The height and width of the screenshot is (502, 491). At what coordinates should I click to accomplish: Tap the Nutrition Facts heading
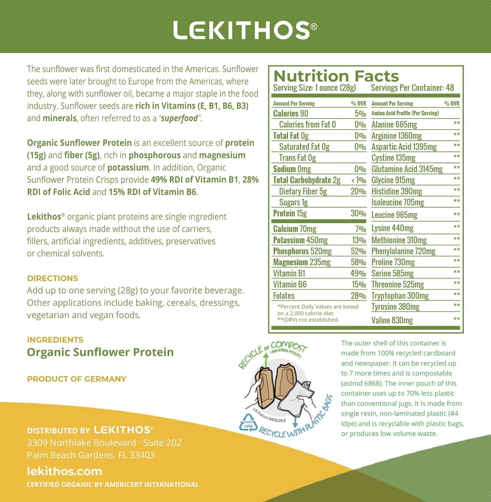(336, 76)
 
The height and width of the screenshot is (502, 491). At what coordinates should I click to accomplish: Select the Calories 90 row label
(290, 113)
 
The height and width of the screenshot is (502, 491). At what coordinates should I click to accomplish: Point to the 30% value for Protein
(358, 214)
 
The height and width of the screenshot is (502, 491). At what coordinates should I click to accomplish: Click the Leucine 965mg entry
(394, 215)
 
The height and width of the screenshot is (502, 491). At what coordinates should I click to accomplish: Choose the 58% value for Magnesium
(358, 262)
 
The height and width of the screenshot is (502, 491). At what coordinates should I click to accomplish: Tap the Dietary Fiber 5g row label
(303, 191)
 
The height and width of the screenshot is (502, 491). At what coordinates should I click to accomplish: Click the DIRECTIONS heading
(53, 278)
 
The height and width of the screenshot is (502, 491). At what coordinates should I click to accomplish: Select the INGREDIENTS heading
(55, 340)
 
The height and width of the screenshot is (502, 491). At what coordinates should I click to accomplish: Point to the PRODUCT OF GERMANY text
(77, 379)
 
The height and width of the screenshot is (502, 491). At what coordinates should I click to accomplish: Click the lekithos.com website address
(64, 471)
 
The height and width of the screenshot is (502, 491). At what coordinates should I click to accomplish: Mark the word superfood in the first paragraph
(179, 118)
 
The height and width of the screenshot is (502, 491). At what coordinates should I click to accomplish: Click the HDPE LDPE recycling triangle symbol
(248, 423)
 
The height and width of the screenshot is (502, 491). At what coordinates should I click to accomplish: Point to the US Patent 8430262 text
(269, 415)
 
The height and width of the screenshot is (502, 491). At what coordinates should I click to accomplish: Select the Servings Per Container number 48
(450, 88)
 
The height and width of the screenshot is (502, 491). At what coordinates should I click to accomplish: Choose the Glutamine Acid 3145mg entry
(407, 169)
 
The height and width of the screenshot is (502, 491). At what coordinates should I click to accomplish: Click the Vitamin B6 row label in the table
(290, 284)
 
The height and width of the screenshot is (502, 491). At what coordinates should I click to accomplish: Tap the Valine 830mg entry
(392, 320)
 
